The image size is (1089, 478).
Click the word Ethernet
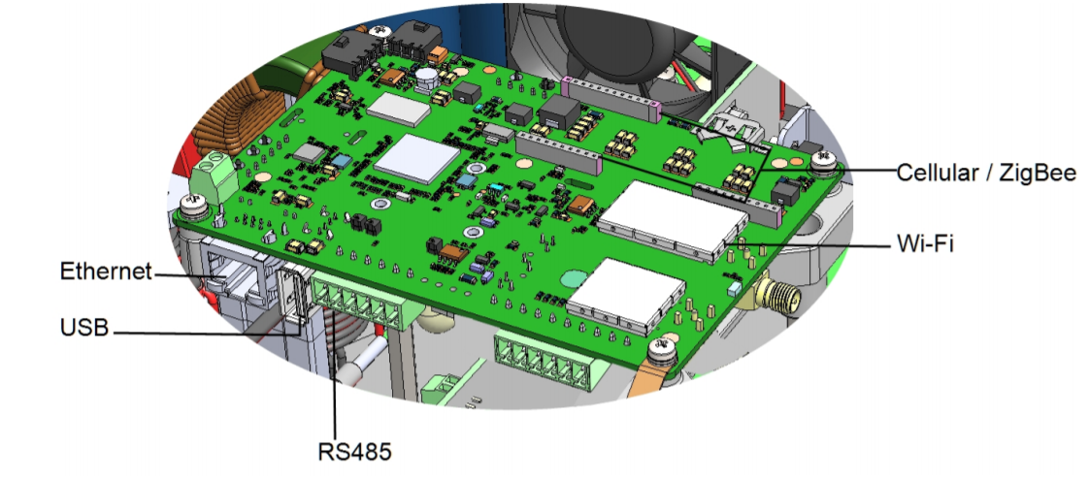(106, 271)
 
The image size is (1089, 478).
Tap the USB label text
(84, 328)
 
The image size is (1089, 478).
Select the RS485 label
(355, 452)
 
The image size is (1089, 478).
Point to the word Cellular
(937, 172)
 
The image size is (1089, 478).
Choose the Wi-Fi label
(925, 242)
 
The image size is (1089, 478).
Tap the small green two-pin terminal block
(214, 178)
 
